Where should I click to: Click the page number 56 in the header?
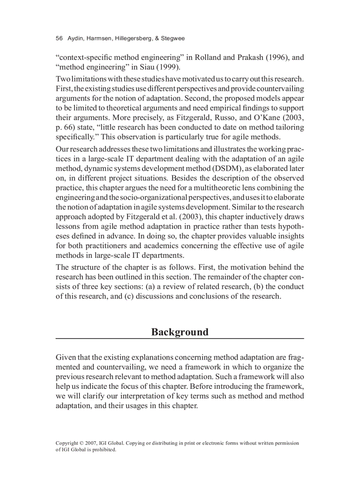[59, 39]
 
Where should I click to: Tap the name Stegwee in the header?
[173, 39]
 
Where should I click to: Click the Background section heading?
[180, 332]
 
